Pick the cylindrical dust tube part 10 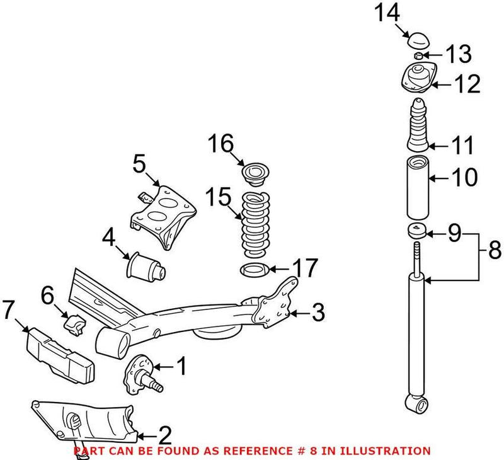click(416, 187)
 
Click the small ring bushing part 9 click(417, 231)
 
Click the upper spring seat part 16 click(256, 173)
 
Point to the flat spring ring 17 click(255, 272)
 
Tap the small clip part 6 click(74, 323)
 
